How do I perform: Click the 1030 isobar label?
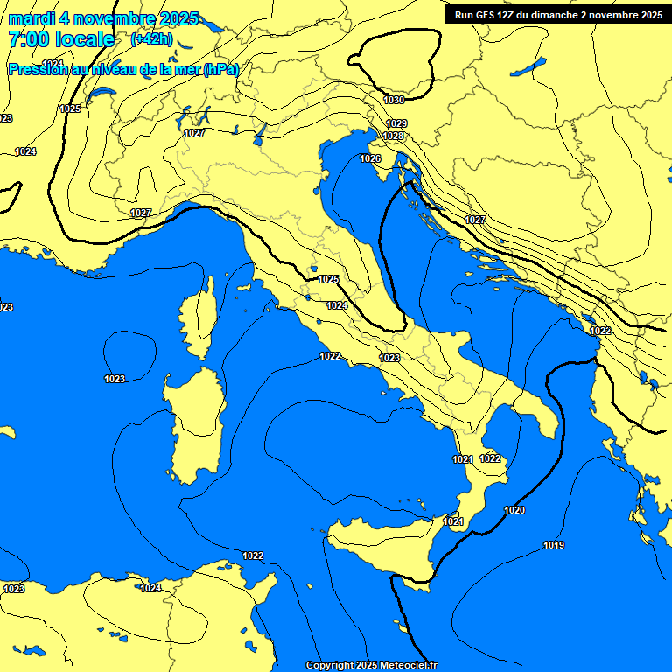(394, 100)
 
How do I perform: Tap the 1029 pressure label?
(396, 123)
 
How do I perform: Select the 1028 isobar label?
(394, 136)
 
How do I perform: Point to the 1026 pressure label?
(370, 158)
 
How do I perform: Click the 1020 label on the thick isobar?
(514, 510)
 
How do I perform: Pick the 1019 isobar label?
(554, 545)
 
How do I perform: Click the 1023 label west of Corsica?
(115, 379)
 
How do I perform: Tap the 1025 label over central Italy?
(328, 279)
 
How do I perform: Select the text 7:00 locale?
(61, 39)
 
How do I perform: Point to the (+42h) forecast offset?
(151, 39)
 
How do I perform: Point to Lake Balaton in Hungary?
(528, 66)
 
